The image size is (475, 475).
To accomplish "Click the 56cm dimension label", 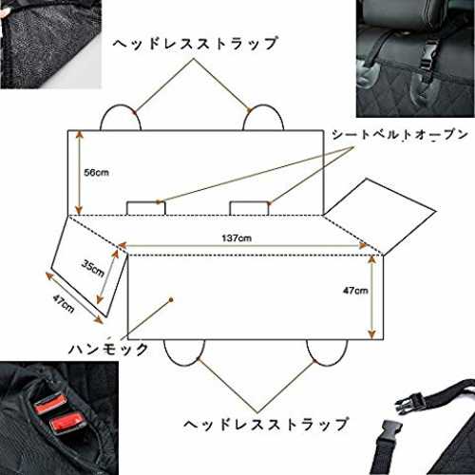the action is pyautogui.click(x=96, y=173).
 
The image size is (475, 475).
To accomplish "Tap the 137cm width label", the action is pyautogui.click(x=237, y=237).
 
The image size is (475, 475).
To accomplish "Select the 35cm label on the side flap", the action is pyautogui.click(x=93, y=268).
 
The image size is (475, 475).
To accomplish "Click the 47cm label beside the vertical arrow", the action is pyautogui.click(x=355, y=291).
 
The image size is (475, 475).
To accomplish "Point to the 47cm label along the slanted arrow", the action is pyautogui.click(x=64, y=304).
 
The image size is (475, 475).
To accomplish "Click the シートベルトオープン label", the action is pyautogui.click(x=400, y=135).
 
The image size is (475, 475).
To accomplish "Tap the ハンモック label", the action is pyautogui.click(x=108, y=349).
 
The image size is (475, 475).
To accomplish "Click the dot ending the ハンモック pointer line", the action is pyautogui.click(x=171, y=299).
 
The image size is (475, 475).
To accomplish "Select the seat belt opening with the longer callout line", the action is pyautogui.click(x=146, y=208).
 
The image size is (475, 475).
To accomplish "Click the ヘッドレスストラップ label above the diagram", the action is pyautogui.click(x=196, y=44).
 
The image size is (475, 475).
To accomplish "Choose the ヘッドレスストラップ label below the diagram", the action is pyautogui.click(x=266, y=425).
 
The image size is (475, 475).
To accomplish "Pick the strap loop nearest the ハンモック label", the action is pyautogui.click(x=184, y=365).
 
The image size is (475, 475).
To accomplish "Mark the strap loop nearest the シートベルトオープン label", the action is pyautogui.click(x=263, y=105).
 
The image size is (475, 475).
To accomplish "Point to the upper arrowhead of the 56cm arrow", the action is pyautogui.click(x=79, y=134).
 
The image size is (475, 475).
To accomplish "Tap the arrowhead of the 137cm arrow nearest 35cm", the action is pyautogui.click(x=123, y=245).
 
